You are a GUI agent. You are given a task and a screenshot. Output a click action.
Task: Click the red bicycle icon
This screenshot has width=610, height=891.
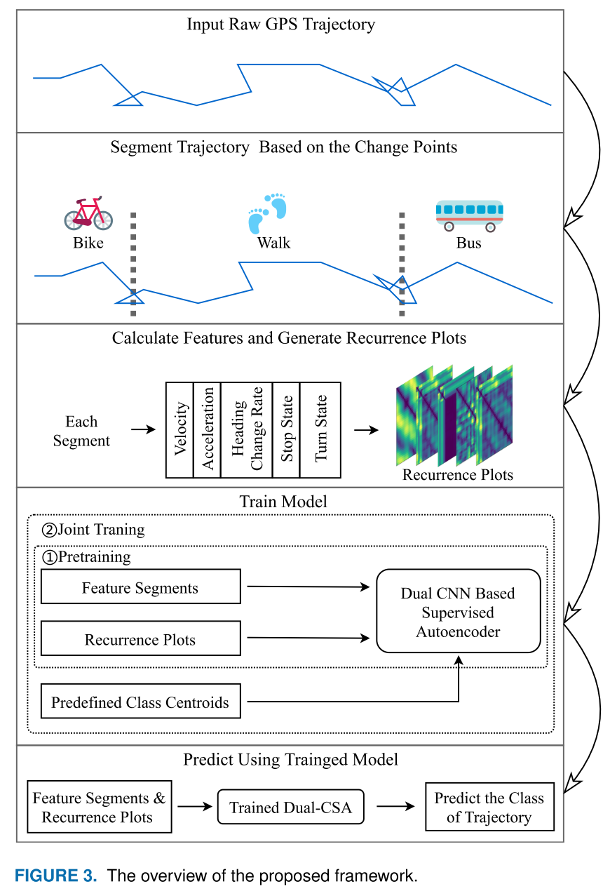(x=88, y=213)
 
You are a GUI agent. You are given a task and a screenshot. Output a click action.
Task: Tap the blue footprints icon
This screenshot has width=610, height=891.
(x=267, y=213)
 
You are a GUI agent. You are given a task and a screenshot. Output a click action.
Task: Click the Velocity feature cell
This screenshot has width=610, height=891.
(x=179, y=429)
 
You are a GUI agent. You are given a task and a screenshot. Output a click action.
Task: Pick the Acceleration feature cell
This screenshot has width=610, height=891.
(x=207, y=429)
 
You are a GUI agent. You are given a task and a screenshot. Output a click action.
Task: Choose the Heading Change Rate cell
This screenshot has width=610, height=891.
(x=246, y=429)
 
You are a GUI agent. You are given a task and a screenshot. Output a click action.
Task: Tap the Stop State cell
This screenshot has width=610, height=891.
(x=286, y=429)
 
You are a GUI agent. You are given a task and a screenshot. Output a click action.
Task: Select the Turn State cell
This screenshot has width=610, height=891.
(x=320, y=429)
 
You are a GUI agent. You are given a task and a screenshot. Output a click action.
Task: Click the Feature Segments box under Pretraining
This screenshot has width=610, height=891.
(x=140, y=588)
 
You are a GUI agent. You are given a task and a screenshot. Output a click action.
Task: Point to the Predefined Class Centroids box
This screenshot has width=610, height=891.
(x=140, y=702)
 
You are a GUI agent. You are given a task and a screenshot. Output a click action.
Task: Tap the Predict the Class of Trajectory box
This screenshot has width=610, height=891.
(x=489, y=808)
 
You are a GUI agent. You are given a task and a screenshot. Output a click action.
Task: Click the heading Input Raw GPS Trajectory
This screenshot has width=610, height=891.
(x=281, y=25)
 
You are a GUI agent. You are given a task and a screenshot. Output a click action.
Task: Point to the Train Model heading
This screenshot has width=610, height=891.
(x=283, y=502)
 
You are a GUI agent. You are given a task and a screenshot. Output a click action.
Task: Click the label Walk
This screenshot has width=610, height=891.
(x=273, y=243)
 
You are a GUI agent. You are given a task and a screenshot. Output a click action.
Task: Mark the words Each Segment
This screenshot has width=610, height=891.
(x=81, y=431)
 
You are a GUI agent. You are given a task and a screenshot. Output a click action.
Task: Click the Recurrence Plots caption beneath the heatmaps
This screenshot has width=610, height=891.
(x=458, y=475)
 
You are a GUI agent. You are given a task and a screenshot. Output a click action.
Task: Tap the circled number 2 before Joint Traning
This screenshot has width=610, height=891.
(x=49, y=530)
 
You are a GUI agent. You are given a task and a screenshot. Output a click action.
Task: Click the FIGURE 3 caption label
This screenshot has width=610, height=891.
(x=57, y=876)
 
